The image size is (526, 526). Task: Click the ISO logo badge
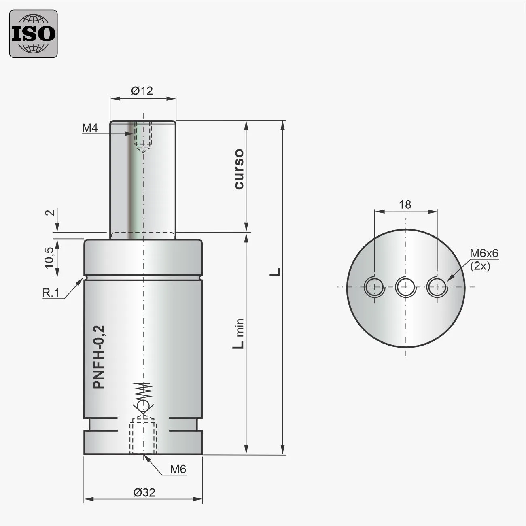[x=33, y=34]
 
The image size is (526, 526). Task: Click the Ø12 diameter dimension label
[x=142, y=91]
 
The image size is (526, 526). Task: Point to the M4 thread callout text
[x=90, y=128]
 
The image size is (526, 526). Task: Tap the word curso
[x=239, y=169]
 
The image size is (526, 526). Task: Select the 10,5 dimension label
[x=49, y=258]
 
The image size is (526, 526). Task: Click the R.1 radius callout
[x=51, y=293]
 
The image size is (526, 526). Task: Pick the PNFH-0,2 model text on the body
[x=99, y=357]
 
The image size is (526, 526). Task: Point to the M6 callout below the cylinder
[x=178, y=469]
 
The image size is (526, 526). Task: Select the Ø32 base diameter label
[x=144, y=492]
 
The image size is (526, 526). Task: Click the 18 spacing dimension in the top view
[x=405, y=205]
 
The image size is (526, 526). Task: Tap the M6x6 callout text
[x=484, y=254]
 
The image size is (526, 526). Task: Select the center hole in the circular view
[x=405, y=287]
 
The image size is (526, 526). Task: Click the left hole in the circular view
[x=374, y=287]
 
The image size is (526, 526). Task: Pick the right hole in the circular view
[x=437, y=287]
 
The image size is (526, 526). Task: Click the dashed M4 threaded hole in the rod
[x=144, y=136]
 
